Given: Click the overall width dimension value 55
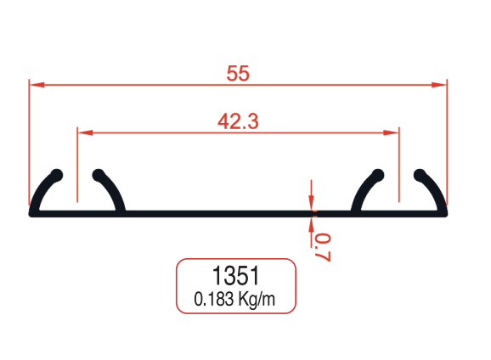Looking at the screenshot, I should pyautogui.click(x=238, y=74).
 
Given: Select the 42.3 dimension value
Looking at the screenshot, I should pyautogui.click(x=238, y=121).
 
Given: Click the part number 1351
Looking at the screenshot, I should pyautogui.click(x=235, y=276).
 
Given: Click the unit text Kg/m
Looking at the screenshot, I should pyautogui.click(x=257, y=299).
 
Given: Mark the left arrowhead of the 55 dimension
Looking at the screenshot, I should pyautogui.click(x=36, y=85).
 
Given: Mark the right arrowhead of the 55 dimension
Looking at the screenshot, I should pyautogui.click(x=440, y=85).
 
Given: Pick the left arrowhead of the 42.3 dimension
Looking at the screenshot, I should pyautogui.click(x=83, y=132).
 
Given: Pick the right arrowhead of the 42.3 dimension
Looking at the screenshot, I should pyautogui.click(x=392, y=132).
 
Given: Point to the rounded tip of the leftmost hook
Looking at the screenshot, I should pyautogui.click(x=57, y=175).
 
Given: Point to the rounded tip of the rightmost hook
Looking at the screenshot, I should pyautogui.click(x=419, y=175).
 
